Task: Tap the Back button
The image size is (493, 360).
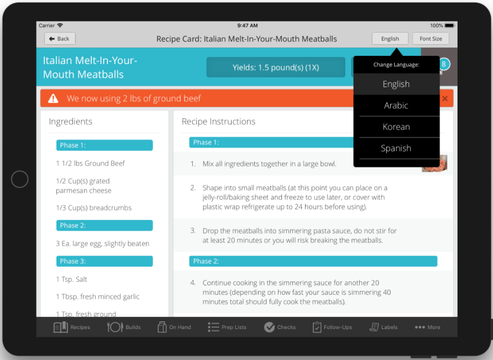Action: pyautogui.click(x=60, y=39)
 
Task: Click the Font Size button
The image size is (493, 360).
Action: pyautogui.click(x=431, y=39)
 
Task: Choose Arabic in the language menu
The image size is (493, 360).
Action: pyautogui.click(x=396, y=105)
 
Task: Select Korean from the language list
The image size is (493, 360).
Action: pyautogui.click(x=396, y=127)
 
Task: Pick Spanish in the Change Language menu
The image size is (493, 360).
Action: pyautogui.click(x=396, y=149)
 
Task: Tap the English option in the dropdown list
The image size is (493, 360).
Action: pyautogui.click(x=396, y=84)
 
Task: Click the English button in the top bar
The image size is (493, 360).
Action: pyautogui.click(x=390, y=39)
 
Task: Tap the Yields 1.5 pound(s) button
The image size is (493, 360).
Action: pyautogui.click(x=276, y=67)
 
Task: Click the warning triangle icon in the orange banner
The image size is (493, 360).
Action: pyautogui.click(x=53, y=98)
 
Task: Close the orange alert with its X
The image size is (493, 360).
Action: pyautogui.click(x=445, y=98)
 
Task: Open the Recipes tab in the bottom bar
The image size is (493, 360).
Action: pyautogui.click(x=72, y=327)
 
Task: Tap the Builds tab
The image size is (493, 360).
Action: pyautogui.click(x=124, y=327)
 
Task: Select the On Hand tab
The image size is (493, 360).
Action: pyautogui.click(x=174, y=327)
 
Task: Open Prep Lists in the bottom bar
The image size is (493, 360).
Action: pyautogui.click(x=227, y=327)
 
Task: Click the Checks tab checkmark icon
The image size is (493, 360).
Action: pyautogui.click(x=269, y=327)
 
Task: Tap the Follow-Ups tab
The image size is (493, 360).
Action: pyautogui.click(x=332, y=327)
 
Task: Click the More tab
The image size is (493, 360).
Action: pyautogui.click(x=427, y=327)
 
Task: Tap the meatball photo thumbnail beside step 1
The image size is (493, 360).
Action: pyautogui.click(x=435, y=164)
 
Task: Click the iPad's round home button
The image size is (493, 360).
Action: pyautogui.click(x=19, y=179)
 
